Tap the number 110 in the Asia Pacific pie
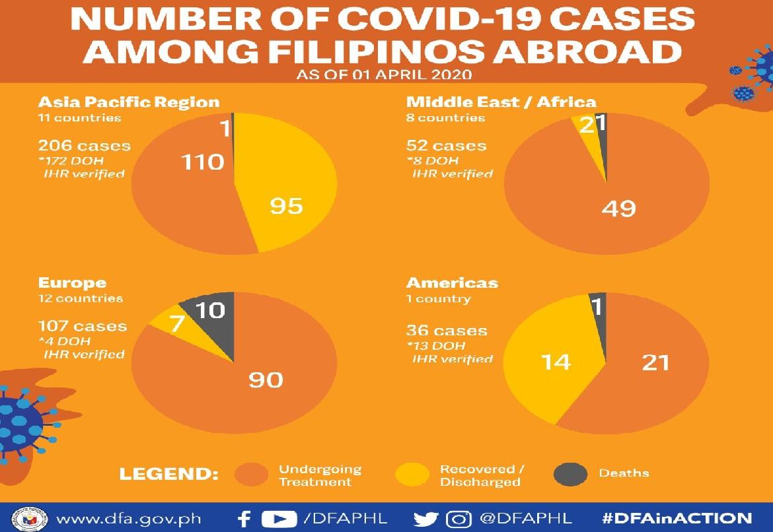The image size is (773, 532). coord(203,160)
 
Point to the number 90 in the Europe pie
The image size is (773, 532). coord(266,380)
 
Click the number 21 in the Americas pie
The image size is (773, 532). coord(655,362)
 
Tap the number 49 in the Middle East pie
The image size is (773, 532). coord(619,208)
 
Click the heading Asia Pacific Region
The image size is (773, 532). coord(129,102)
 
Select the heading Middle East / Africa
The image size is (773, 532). coord(501,102)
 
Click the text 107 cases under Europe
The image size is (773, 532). coord(83,326)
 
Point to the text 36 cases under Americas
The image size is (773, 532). coord(447,331)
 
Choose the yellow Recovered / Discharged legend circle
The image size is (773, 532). coord(412,475)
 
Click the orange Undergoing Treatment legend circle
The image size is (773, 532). coord(252,475)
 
